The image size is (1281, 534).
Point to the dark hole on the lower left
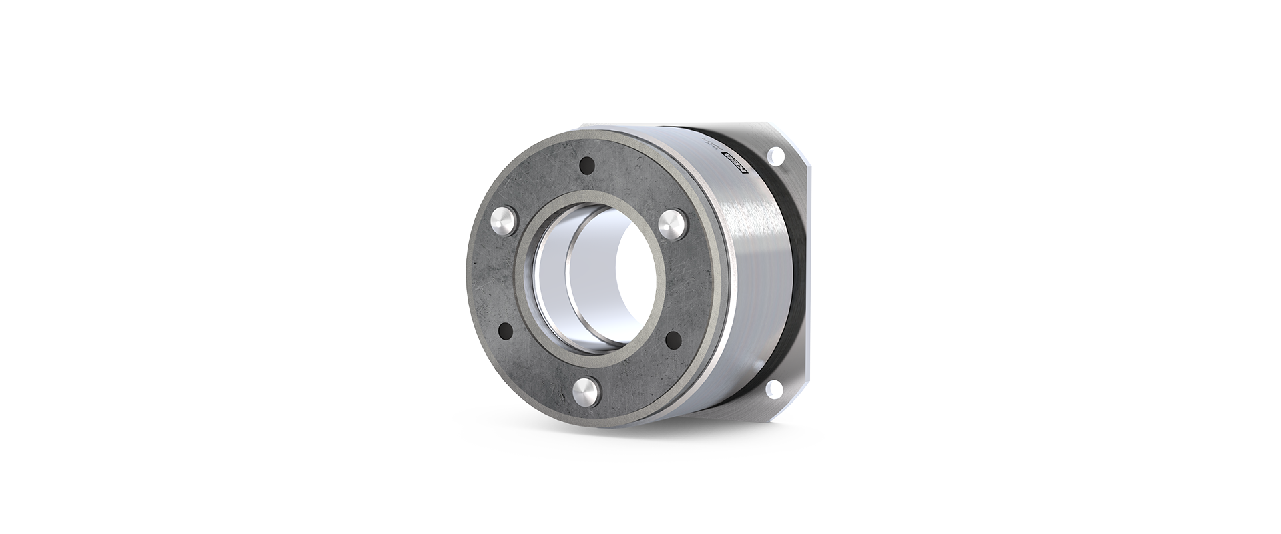pyautogui.click(x=504, y=330)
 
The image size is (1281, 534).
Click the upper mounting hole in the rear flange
pyautogui.click(x=775, y=156)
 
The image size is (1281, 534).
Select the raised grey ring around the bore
pyautogui.click(x=651, y=327)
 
